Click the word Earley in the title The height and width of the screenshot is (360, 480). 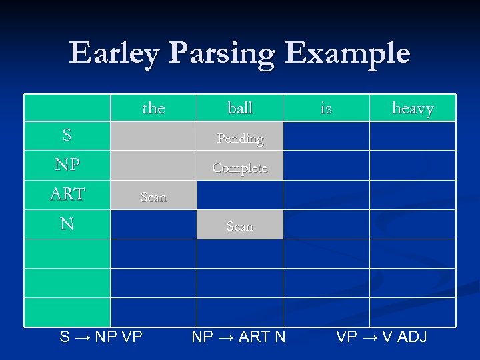click(x=114, y=53)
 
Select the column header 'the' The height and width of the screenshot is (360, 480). click(x=153, y=108)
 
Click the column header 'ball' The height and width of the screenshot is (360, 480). click(x=240, y=108)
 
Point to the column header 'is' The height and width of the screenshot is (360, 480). click(x=326, y=108)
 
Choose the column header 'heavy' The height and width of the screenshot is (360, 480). click(x=413, y=108)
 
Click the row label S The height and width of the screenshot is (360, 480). click(x=67, y=135)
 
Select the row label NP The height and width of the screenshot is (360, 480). click(x=67, y=165)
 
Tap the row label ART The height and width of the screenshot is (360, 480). click(x=67, y=194)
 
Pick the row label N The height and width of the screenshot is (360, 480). click(x=67, y=224)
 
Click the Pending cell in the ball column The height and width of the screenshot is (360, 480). click(x=240, y=138)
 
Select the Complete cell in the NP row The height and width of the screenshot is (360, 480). click(x=240, y=167)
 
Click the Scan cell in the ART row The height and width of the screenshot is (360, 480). click(x=153, y=197)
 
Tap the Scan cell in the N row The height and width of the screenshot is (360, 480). click(x=240, y=226)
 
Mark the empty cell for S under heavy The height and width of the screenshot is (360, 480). click(x=413, y=136)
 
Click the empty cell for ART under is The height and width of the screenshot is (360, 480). click(x=326, y=195)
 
